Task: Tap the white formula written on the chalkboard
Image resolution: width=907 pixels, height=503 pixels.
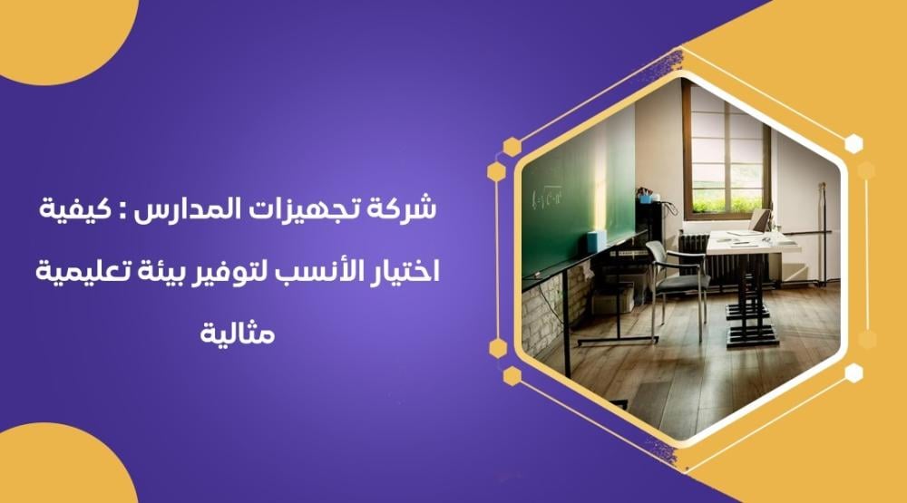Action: click(547, 198)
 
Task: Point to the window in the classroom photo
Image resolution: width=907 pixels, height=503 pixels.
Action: click(727, 153)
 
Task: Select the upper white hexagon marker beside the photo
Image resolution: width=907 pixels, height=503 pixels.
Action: click(853, 143)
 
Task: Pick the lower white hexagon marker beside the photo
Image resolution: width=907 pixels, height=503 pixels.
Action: click(853, 372)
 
